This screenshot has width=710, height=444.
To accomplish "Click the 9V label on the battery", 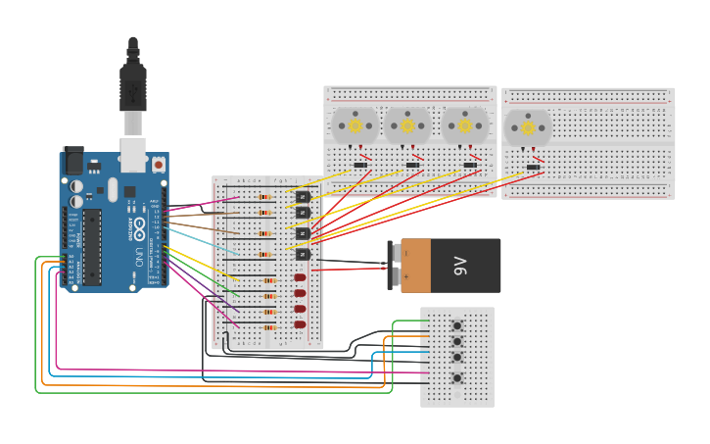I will click(x=461, y=266).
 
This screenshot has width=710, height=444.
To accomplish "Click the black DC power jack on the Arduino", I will click(x=73, y=160).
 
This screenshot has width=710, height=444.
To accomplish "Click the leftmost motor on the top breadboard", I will click(x=355, y=125).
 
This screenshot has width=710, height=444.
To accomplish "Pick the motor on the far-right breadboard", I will click(x=528, y=126).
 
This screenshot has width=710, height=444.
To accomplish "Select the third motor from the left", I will click(x=465, y=125).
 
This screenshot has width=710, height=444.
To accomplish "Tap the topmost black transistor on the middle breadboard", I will click(x=303, y=197).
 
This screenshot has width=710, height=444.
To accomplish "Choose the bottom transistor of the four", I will click(x=303, y=254).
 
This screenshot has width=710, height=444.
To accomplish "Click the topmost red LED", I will click(x=300, y=277).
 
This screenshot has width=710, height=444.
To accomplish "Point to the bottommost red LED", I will click(x=300, y=324).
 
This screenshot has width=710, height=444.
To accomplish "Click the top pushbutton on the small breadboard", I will click(x=457, y=324).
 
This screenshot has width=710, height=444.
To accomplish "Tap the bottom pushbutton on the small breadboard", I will click(x=457, y=377).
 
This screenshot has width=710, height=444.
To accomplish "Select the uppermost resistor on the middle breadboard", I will click(x=265, y=197).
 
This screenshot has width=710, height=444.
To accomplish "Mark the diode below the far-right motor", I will click(x=533, y=167).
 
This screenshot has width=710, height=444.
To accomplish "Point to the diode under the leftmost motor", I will click(x=359, y=165).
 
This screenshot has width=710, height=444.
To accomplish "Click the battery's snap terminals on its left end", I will click(x=394, y=265).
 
